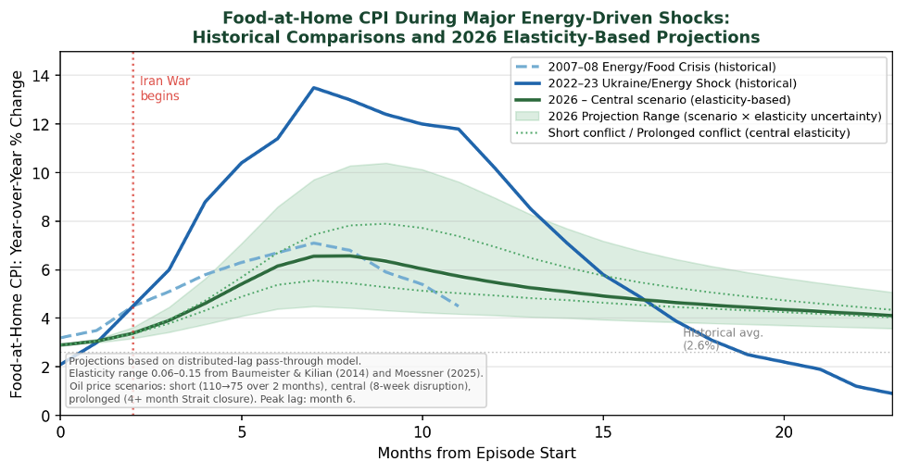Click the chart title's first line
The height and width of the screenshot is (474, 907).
pos(475,19)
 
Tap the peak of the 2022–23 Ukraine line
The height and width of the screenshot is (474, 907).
pos(313,88)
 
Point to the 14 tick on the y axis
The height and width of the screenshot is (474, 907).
pos(45,76)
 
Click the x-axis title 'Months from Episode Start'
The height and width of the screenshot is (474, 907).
pos(476,454)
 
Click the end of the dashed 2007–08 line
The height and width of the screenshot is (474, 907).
pos(458,306)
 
